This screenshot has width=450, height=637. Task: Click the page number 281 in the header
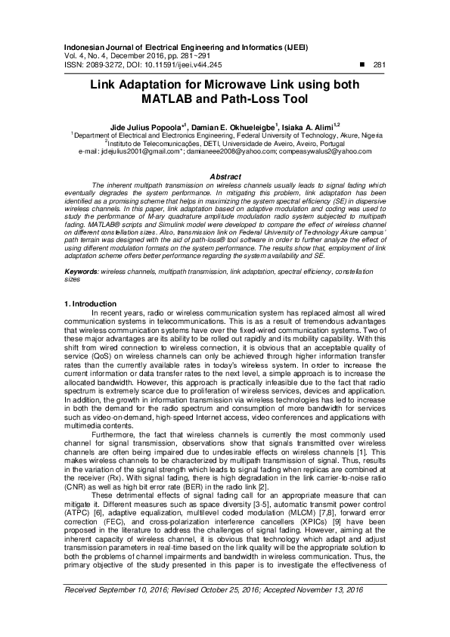(x=380, y=65)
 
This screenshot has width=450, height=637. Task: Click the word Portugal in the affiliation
(x=327, y=141)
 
